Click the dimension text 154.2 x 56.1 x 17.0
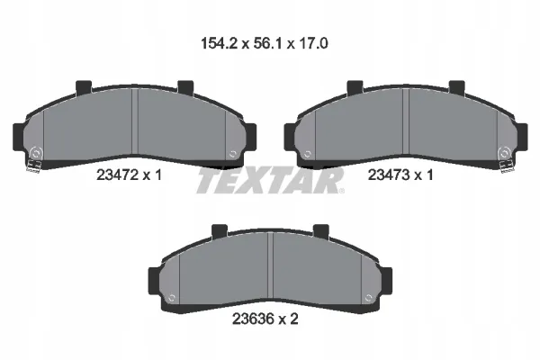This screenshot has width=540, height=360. pos(264,44)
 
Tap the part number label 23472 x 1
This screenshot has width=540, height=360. pos(129,175)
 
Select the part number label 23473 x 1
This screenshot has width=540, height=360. pos(400,175)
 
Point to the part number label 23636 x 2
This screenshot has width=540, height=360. pos(265,319)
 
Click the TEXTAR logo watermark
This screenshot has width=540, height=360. pos(270,181)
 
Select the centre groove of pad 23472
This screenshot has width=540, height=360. pos(135,121)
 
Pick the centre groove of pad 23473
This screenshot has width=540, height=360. pos(406,121)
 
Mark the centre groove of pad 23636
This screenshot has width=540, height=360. pos(270,265)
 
